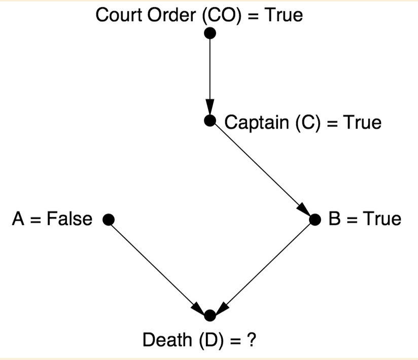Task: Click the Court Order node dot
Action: pos(210,33)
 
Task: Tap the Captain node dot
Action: pos(210,121)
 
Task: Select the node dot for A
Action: pos(107,220)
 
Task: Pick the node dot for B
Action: pos(315,220)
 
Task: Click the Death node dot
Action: pos(210,315)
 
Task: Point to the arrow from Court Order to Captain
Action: pos(210,76)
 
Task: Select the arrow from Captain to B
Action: pos(262,170)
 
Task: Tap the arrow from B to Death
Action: pos(263,267)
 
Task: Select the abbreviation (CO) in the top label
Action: pos(222,15)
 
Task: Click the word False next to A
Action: pos(69,219)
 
